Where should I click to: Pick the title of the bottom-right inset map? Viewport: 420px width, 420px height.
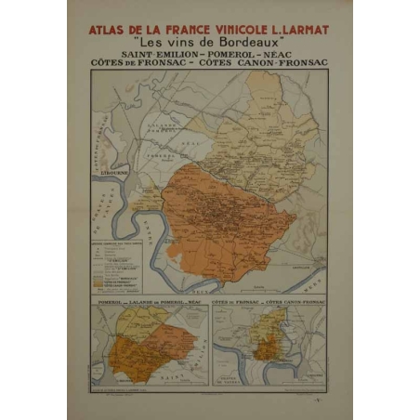pyautogui.click(x=269, y=304)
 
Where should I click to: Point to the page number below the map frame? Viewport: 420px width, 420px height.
pyautogui.click(x=318, y=397)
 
